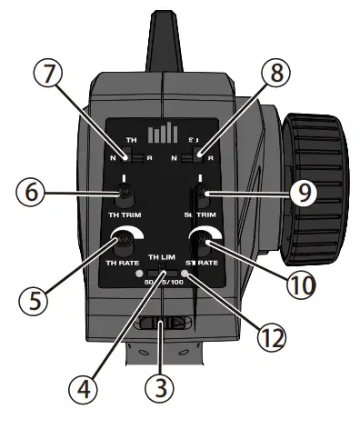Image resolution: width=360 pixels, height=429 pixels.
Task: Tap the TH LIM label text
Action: [161, 259]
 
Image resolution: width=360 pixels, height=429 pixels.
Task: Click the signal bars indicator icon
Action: [163, 133]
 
